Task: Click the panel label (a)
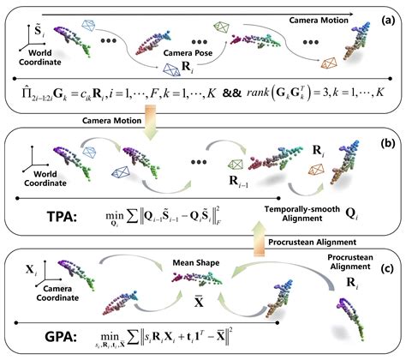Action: pos(389,18)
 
